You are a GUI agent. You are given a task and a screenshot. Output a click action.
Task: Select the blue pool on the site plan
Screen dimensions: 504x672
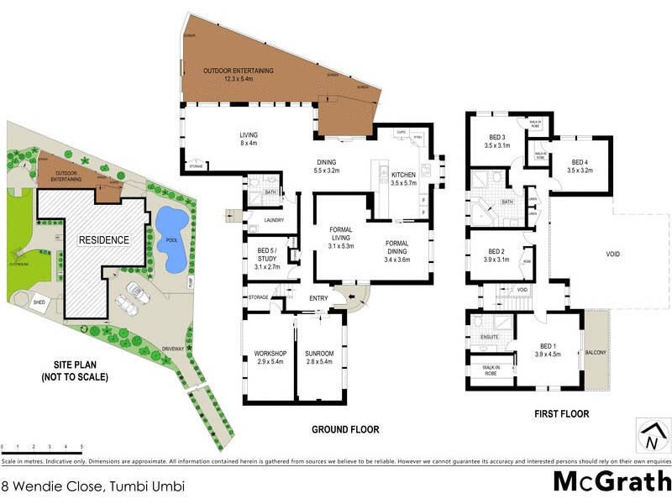pos(171,239)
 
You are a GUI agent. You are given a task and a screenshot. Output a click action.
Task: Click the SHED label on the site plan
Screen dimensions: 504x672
pos(39,301)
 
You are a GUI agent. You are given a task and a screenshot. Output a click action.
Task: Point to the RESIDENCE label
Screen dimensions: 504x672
pos(104,240)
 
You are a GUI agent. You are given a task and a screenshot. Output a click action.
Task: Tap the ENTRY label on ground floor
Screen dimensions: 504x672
pos(319,298)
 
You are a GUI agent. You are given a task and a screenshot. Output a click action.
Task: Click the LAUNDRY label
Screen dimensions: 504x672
pos(273,221)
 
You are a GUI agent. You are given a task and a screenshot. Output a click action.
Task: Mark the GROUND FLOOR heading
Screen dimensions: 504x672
pos(345,430)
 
